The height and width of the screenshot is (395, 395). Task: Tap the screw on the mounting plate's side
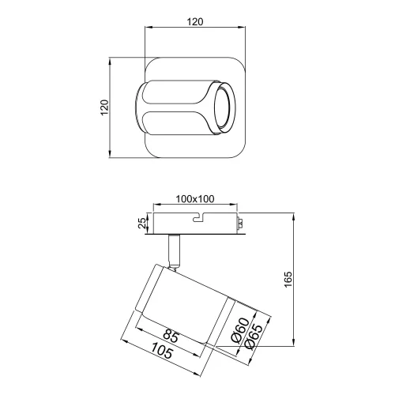pyautogui.click(x=240, y=225)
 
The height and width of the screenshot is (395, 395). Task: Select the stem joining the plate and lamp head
pyautogui.click(x=175, y=250)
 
